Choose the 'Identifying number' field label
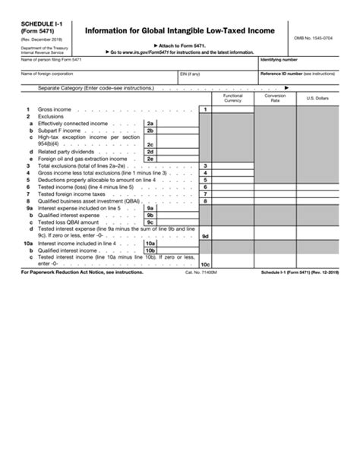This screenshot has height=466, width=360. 279,58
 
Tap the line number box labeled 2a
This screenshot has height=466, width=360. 150,123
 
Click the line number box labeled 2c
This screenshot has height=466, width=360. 150,143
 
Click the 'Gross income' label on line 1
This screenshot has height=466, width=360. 50,110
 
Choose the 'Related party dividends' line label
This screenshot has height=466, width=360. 66,151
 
